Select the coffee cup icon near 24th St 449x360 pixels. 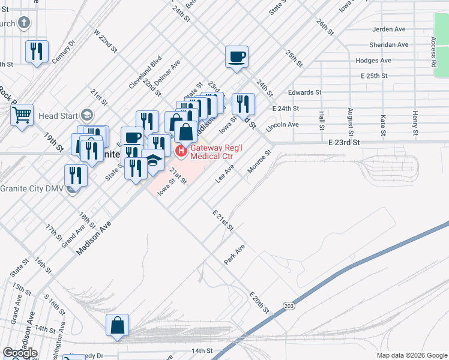[x=237, y=57]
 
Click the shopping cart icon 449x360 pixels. [x=22, y=114]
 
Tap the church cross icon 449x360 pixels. [x=23, y=23]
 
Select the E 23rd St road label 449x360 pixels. [x=343, y=143]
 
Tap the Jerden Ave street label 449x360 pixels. [x=390, y=29]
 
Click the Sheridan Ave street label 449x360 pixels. [x=390, y=45]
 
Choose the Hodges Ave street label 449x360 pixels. [x=373, y=61]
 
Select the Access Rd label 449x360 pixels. [x=433, y=52]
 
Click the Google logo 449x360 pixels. [x=20, y=353]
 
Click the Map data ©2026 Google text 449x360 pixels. [x=411, y=355]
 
